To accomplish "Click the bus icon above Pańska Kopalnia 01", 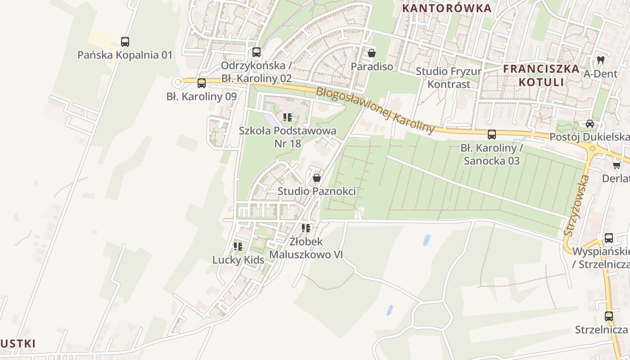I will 125,42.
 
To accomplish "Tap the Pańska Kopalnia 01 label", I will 125,55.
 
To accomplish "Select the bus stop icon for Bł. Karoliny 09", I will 202,83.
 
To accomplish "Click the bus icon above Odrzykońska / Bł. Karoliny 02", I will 256,52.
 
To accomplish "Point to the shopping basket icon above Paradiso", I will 372,53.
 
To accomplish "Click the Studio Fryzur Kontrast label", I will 449,77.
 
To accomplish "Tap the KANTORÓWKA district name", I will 447,8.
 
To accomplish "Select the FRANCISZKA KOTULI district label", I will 541,75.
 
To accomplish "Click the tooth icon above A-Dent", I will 600,59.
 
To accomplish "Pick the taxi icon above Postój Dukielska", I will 590,123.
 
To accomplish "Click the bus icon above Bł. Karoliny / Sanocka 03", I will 492,134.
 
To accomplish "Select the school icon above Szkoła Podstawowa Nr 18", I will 288,117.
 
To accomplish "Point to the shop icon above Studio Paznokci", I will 316,178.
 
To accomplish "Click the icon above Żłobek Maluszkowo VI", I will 306,228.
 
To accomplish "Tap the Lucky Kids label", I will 238,260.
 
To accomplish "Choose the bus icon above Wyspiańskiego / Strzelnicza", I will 609,238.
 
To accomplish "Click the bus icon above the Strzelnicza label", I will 609,316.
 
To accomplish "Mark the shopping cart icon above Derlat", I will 616,166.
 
